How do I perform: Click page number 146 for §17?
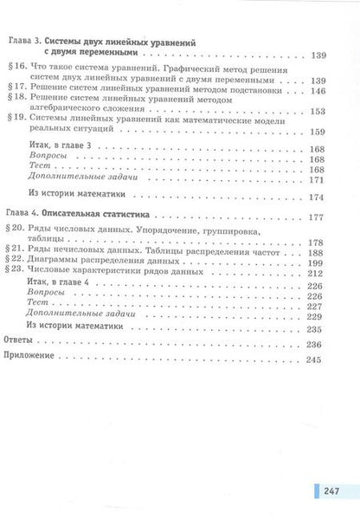click(x=318, y=89)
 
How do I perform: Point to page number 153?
click(x=318, y=111)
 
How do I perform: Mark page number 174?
click(x=318, y=196)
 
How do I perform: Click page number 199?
click(x=318, y=263)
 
